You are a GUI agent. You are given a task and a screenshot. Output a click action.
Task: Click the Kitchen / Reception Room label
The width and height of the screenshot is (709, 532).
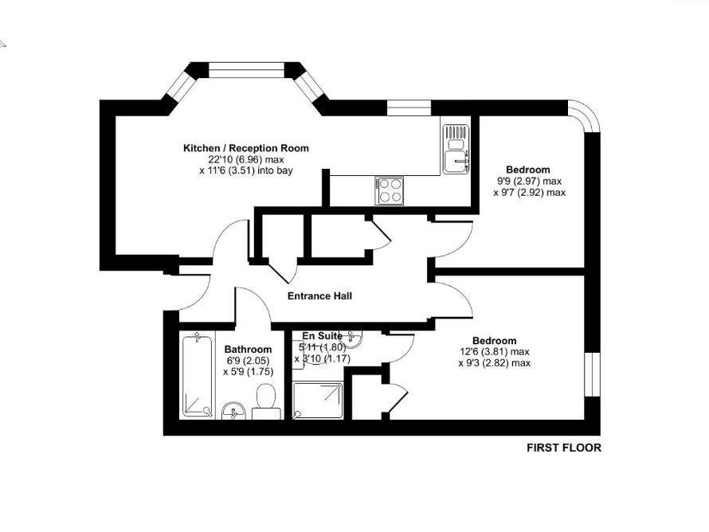pyautogui.click(x=246, y=148)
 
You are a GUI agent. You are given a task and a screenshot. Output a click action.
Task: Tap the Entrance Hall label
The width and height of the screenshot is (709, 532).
pyautogui.click(x=319, y=296)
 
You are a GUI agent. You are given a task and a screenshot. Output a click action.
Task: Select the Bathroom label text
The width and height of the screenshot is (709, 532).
pyautogui.click(x=248, y=350)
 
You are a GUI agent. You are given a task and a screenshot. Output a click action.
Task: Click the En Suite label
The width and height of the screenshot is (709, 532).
pyautogui.click(x=323, y=336)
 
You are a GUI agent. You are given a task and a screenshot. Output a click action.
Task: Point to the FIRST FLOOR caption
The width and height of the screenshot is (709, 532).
pyautogui.click(x=564, y=448)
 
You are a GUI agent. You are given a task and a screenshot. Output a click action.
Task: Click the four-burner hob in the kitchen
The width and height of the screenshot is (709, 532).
pyautogui.click(x=390, y=190)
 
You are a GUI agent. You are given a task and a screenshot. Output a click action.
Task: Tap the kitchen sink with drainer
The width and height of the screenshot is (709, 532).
pyautogui.click(x=456, y=149)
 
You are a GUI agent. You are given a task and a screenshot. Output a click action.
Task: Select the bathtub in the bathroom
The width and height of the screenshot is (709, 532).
pyautogui.click(x=197, y=376)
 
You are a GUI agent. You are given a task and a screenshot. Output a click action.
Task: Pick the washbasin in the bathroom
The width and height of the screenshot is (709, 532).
pyautogui.click(x=233, y=411)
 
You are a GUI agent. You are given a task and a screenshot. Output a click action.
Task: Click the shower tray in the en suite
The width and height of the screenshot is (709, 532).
pyautogui.click(x=317, y=401)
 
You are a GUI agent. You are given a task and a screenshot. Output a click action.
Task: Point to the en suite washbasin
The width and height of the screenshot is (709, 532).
pyautogui.click(x=351, y=338)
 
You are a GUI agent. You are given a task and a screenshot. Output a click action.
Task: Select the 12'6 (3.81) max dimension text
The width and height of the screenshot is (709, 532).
pyautogui.click(x=494, y=352)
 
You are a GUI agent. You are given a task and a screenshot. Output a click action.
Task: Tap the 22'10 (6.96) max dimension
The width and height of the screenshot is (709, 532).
pyautogui.click(x=246, y=159)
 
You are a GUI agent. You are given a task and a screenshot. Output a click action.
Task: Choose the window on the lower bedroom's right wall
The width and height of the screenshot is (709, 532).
pyautogui.click(x=593, y=374)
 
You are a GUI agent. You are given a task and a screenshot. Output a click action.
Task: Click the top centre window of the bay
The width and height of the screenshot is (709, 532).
pyautogui.click(x=246, y=70)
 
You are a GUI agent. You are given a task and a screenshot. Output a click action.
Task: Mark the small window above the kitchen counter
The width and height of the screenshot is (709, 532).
pyautogui.click(x=409, y=108)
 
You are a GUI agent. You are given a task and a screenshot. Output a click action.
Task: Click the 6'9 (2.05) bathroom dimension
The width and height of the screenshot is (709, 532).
pyautogui.click(x=248, y=361)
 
